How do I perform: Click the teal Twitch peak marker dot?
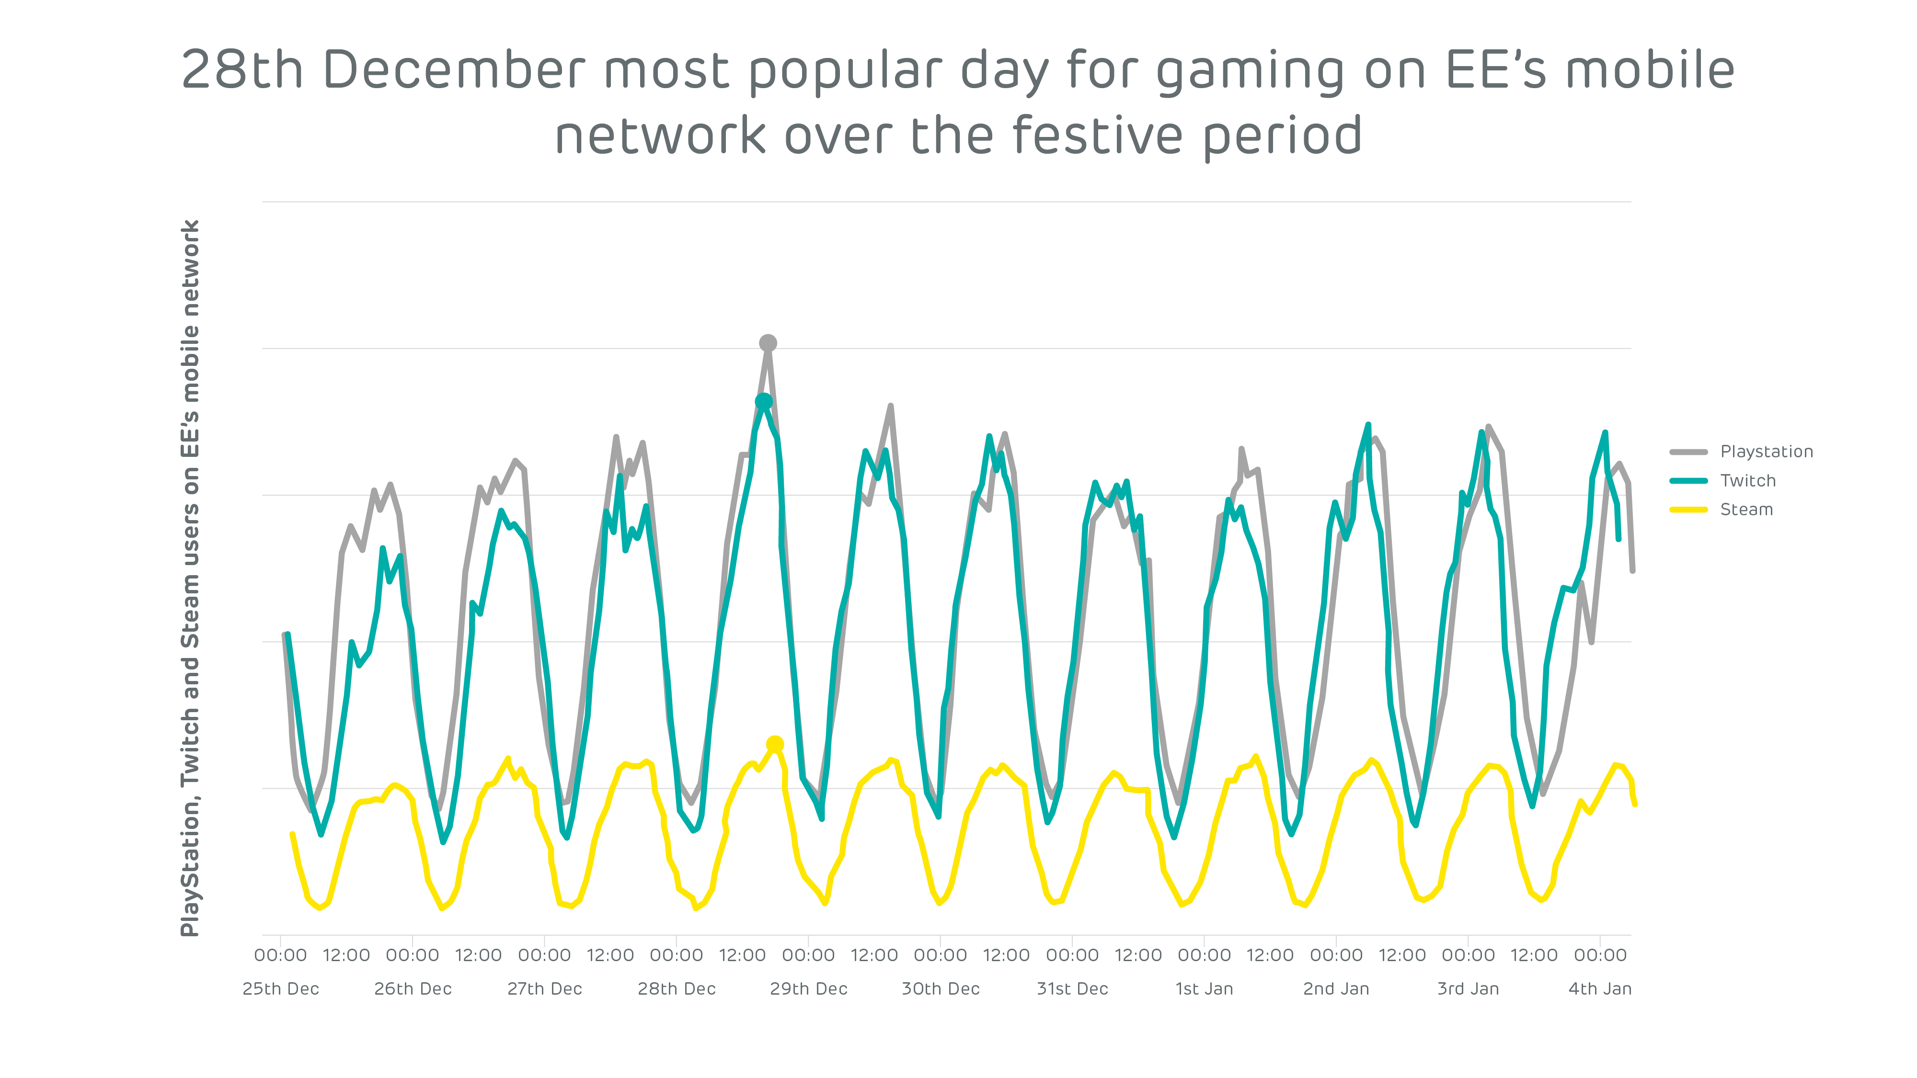pos(764,402)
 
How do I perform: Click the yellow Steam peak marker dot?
pos(775,744)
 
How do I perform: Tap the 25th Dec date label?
pos(281,989)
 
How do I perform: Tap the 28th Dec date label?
pos(677,989)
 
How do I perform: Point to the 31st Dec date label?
pos(1072,989)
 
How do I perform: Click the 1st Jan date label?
pos(1204,989)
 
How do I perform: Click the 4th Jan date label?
pos(1600,989)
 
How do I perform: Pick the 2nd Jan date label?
pos(1336,989)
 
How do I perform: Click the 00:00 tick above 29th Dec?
pos(808,955)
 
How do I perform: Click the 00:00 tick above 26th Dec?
pos(412,955)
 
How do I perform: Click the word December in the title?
pos(454,70)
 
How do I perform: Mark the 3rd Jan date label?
pos(1468,989)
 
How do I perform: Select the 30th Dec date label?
pos(941,989)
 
